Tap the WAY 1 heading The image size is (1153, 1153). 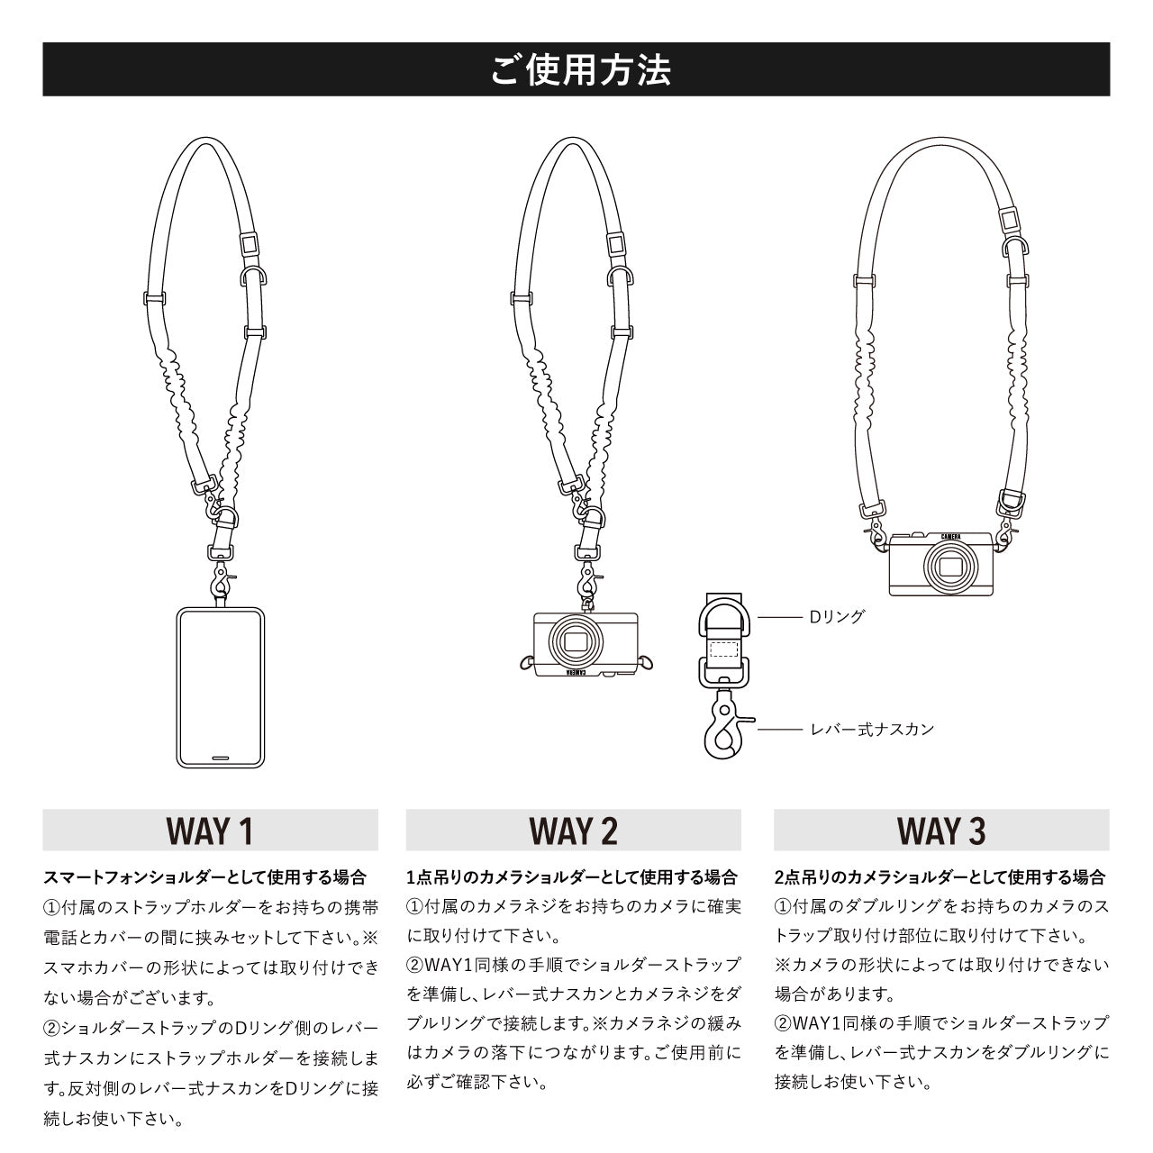click(210, 831)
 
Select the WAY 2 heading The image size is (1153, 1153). click(574, 831)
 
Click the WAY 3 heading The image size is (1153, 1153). click(941, 831)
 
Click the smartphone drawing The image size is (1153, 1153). click(220, 688)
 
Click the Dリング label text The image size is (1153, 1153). click(837, 617)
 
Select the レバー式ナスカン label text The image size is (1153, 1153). click(873, 729)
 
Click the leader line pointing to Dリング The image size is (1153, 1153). click(779, 618)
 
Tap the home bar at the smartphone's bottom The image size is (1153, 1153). click(220, 758)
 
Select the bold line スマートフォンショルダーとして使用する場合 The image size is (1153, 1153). click(205, 877)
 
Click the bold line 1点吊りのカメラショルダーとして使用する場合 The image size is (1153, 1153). click(572, 877)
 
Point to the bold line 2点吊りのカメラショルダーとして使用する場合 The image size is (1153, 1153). click(940, 877)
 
